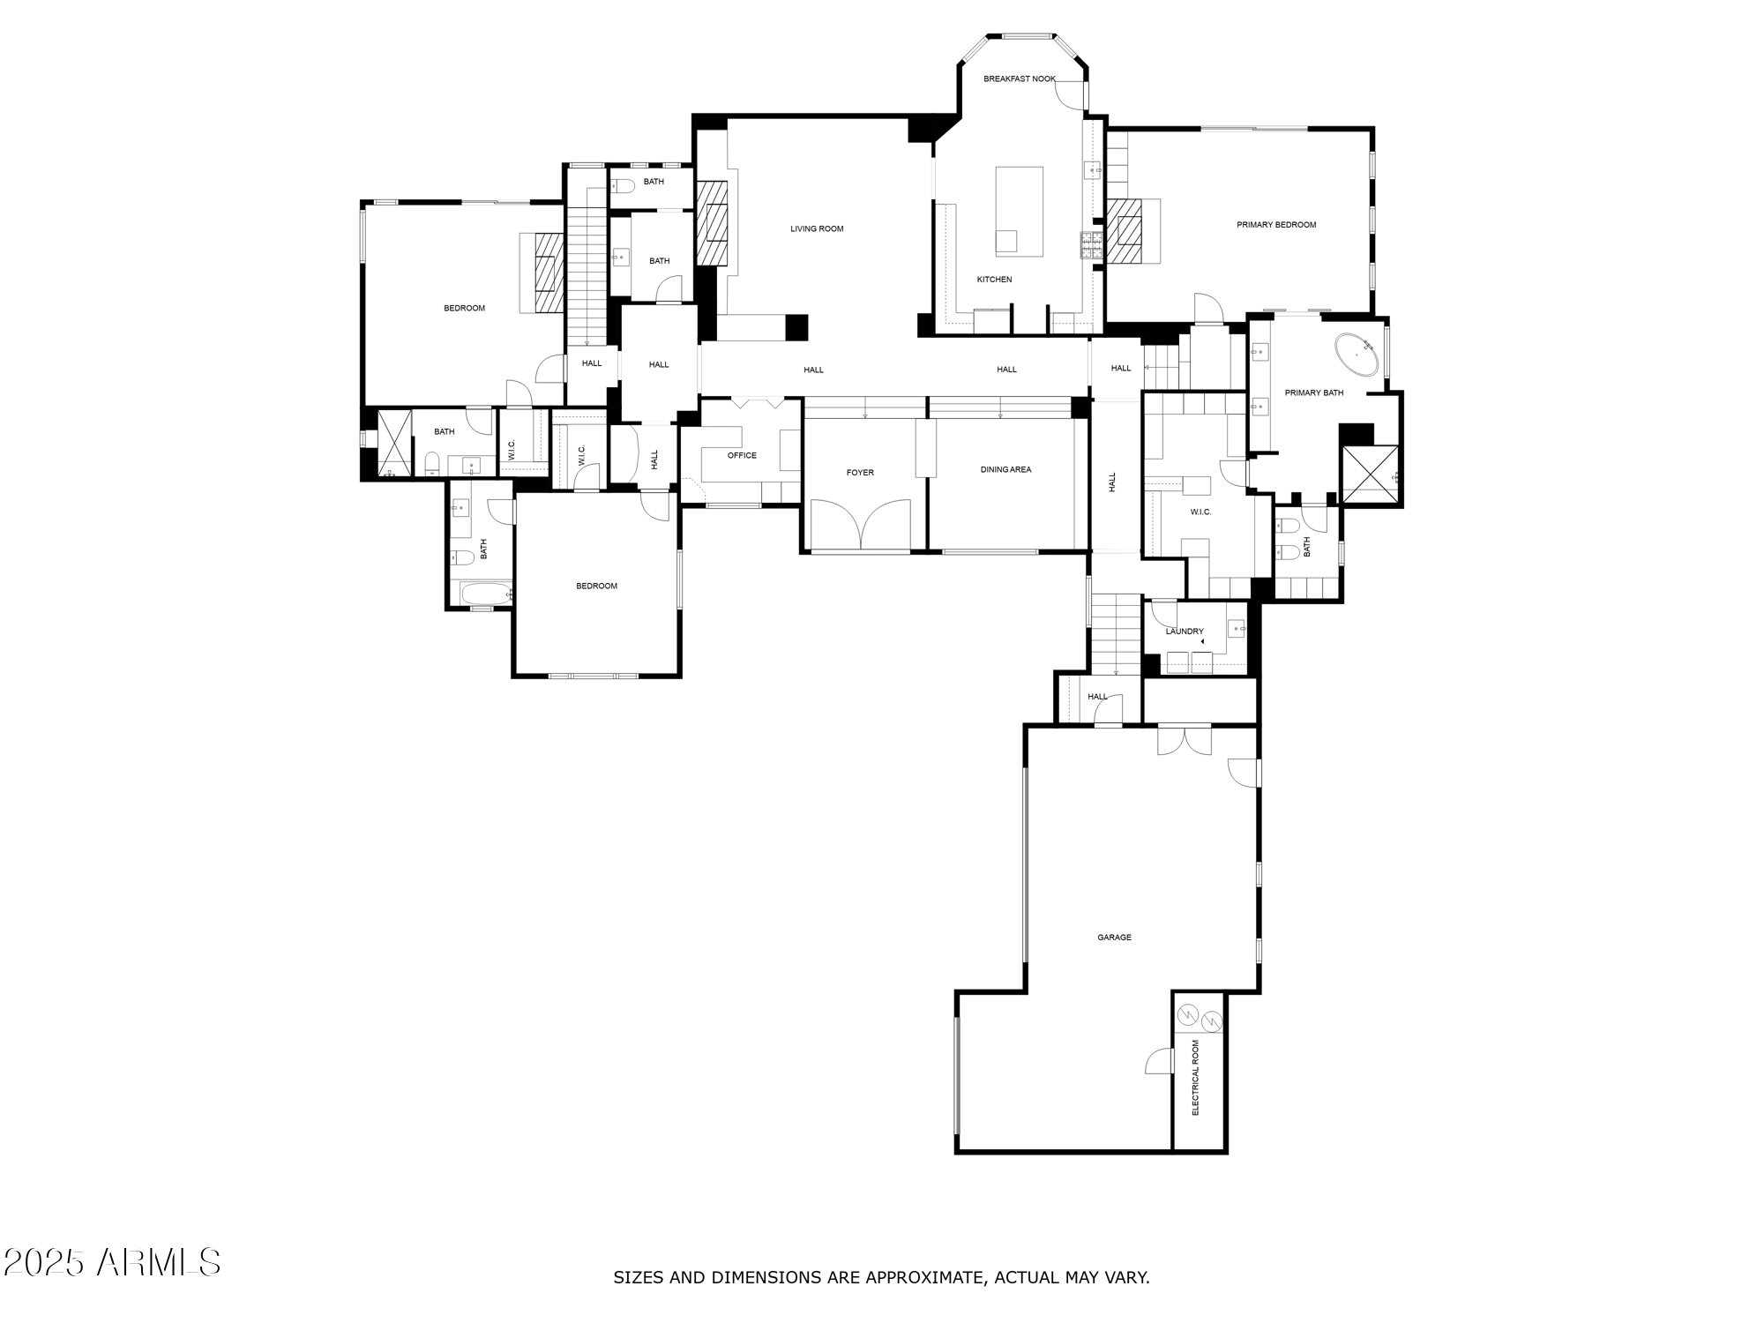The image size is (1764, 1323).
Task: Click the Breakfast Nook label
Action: tap(1019, 78)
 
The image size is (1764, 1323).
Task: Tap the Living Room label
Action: tap(817, 228)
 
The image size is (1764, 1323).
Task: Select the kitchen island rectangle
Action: tap(1019, 211)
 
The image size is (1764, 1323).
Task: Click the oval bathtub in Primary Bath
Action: tap(1357, 355)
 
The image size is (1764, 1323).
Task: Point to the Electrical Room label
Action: tap(1196, 1077)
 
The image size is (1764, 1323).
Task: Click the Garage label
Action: tap(1114, 938)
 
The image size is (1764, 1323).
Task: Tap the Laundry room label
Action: tap(1184, 632)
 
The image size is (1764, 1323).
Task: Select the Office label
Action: tap(742, 455)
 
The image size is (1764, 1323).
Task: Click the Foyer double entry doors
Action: tap(860, 526)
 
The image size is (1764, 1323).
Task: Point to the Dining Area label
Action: tap(1005, 469)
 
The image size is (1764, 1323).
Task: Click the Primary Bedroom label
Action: tap(1275, 225)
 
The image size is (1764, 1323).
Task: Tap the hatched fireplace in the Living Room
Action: tap(712, 222)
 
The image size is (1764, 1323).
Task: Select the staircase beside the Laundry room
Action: tap(1116, 633)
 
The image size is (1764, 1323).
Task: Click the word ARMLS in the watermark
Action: tap(159, 1262)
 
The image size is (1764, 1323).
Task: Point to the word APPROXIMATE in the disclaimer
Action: tap(926, 1277)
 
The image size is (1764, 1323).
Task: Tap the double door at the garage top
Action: tap(1185, 739)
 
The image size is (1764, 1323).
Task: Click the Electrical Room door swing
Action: tap(1159, 1062)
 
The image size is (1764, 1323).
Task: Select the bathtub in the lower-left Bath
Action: tap(482, 594)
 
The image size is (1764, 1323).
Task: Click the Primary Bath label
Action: tap(1313, 392)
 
